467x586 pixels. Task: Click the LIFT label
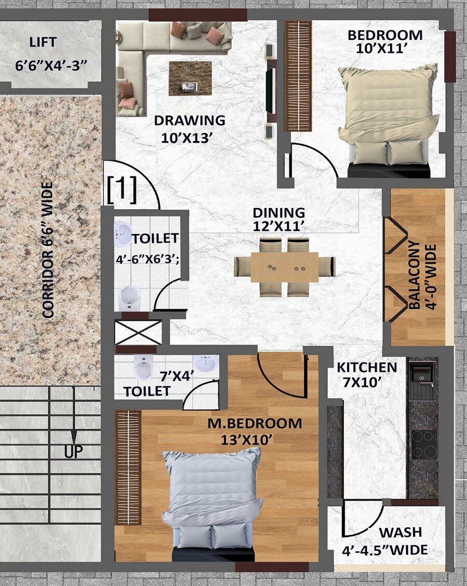click(x=43, y=42)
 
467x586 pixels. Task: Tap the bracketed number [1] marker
click(x=122, y=190)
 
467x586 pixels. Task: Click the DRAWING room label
click(x=189, y=121)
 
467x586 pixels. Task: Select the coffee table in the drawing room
click(x=190, y=78)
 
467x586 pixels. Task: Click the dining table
click(x=284, y=267)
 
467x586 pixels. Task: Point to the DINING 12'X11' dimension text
click(x=279, y=226)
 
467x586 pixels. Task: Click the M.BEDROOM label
click(x=254, y=423)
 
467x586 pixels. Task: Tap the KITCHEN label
click(x=367, y=368)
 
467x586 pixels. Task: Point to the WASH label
click(x=400, y=533)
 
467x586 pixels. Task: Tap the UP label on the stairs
click(x=74, y=452)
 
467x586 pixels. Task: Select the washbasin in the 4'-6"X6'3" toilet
click(x=123, y=233)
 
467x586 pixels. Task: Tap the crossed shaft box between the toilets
click(x=138, y=332)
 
